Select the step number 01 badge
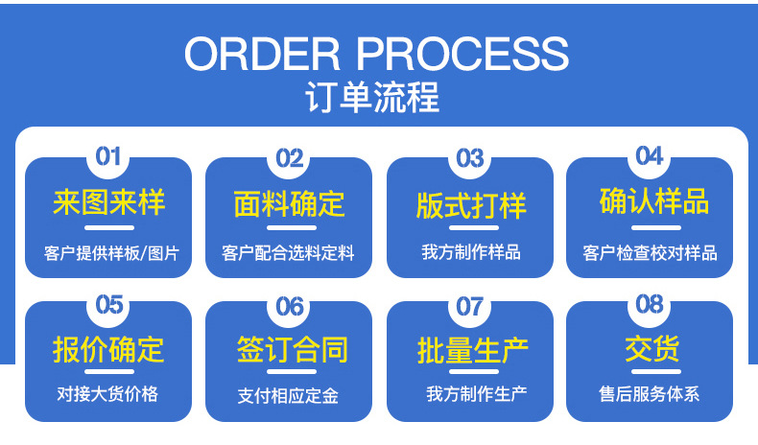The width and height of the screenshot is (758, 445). pyautogui.click(x=108, y=156)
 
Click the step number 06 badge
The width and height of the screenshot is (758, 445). pyautogui.click(x=289, y=307)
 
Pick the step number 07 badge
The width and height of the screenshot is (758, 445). pyautogui.click(x=469, y=307)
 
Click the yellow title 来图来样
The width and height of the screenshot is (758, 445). pyautogui.click(x=108, y=203)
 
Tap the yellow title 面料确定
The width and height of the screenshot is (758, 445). pyautogui.click(x=289, y=204)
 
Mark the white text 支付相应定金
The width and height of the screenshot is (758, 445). pyautogui.click(x=288, y=396)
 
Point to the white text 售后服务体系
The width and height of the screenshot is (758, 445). pyautogui.click(x=649, y=394)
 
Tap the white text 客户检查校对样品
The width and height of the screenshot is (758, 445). pyautogui.click(x=650, y=254)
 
